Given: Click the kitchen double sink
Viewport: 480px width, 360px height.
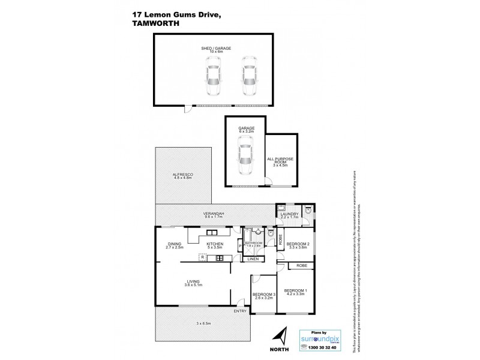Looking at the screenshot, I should click(219, 259).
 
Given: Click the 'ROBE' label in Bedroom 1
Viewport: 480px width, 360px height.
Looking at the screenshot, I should click(301, 265).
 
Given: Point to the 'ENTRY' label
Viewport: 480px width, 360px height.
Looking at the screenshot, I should click(240, 311).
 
